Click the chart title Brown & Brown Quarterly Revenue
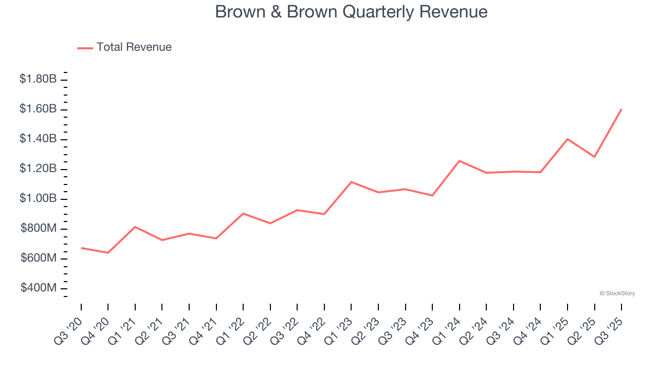tap(351, 11)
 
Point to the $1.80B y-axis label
tap(38, 79)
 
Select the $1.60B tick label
tap(38, 109)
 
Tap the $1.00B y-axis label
tap(38, 198)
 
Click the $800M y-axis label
tap(39, 228)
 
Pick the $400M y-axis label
tap(39, 288)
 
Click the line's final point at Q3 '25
tap(622, 109)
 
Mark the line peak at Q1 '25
tap(568, 139)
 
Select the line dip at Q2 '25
tap(595, 157)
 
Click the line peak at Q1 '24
tap(460, 161)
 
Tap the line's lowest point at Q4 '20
tap(108, 253)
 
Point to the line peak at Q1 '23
tap(351, 182)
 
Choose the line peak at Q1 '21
tap(135, 227)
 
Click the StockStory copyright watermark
tap(617, 293)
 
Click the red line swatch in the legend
tap(85, 48)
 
